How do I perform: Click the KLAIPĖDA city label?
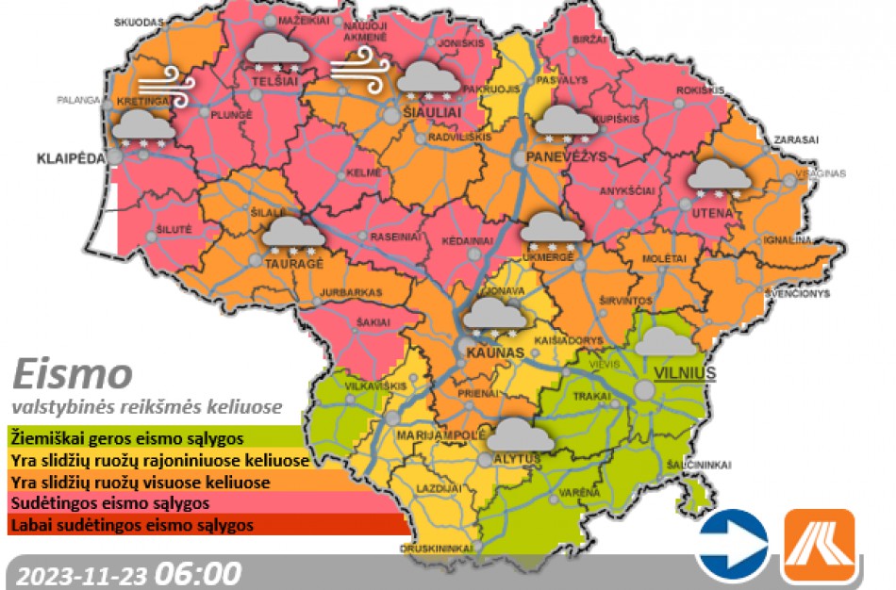71,156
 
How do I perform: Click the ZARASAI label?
796,139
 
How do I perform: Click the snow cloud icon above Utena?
719,177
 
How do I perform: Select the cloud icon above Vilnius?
666,341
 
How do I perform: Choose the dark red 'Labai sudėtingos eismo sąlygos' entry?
131,525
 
